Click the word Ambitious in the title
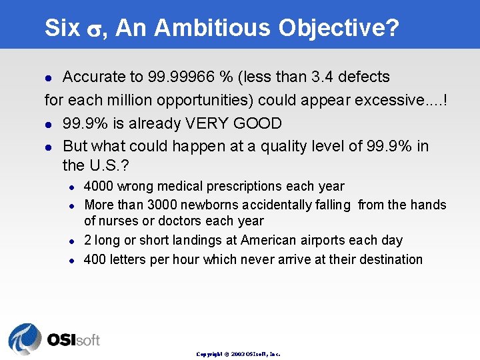(x=215, y=28)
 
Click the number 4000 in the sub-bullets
(x=99, y=187)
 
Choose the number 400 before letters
(x=95, y=259)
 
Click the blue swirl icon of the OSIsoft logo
(x=25, y=339)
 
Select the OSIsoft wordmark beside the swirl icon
(x=73, y=340)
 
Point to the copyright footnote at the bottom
(x=238, y=354)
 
